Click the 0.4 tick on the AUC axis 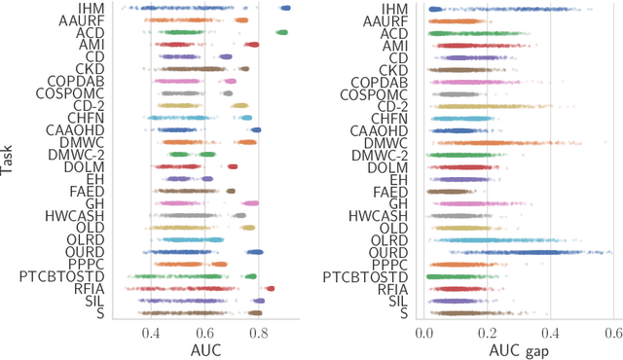[150, 333]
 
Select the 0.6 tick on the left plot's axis [204, 333]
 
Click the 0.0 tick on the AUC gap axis [424, 333]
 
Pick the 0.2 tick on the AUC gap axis [487, 333]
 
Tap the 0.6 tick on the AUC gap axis [612, 333]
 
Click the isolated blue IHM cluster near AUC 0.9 [284, 8]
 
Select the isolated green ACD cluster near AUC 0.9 [281, 32]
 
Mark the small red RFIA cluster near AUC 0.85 [270, 288]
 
